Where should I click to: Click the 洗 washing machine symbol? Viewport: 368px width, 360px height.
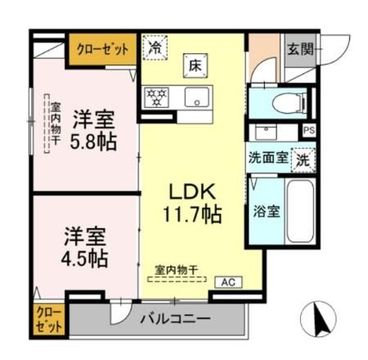pyautogui.click(x=303, y=157)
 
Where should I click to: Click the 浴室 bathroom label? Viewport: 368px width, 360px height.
pyautogui.click(x=267, y=211)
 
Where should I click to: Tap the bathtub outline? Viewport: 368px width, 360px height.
pyautogui.click(x=301, y=211)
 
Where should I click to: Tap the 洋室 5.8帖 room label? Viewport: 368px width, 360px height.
pyautogui.click(x=92, y=129)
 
